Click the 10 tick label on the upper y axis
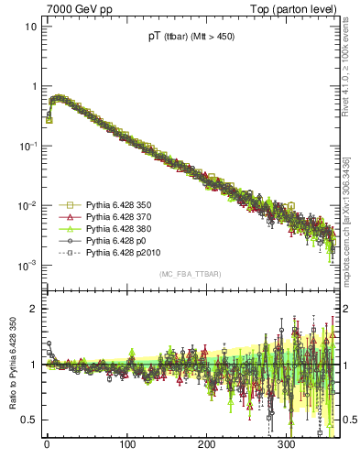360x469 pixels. click(31, 26)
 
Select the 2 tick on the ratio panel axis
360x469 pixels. click(34, 309)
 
